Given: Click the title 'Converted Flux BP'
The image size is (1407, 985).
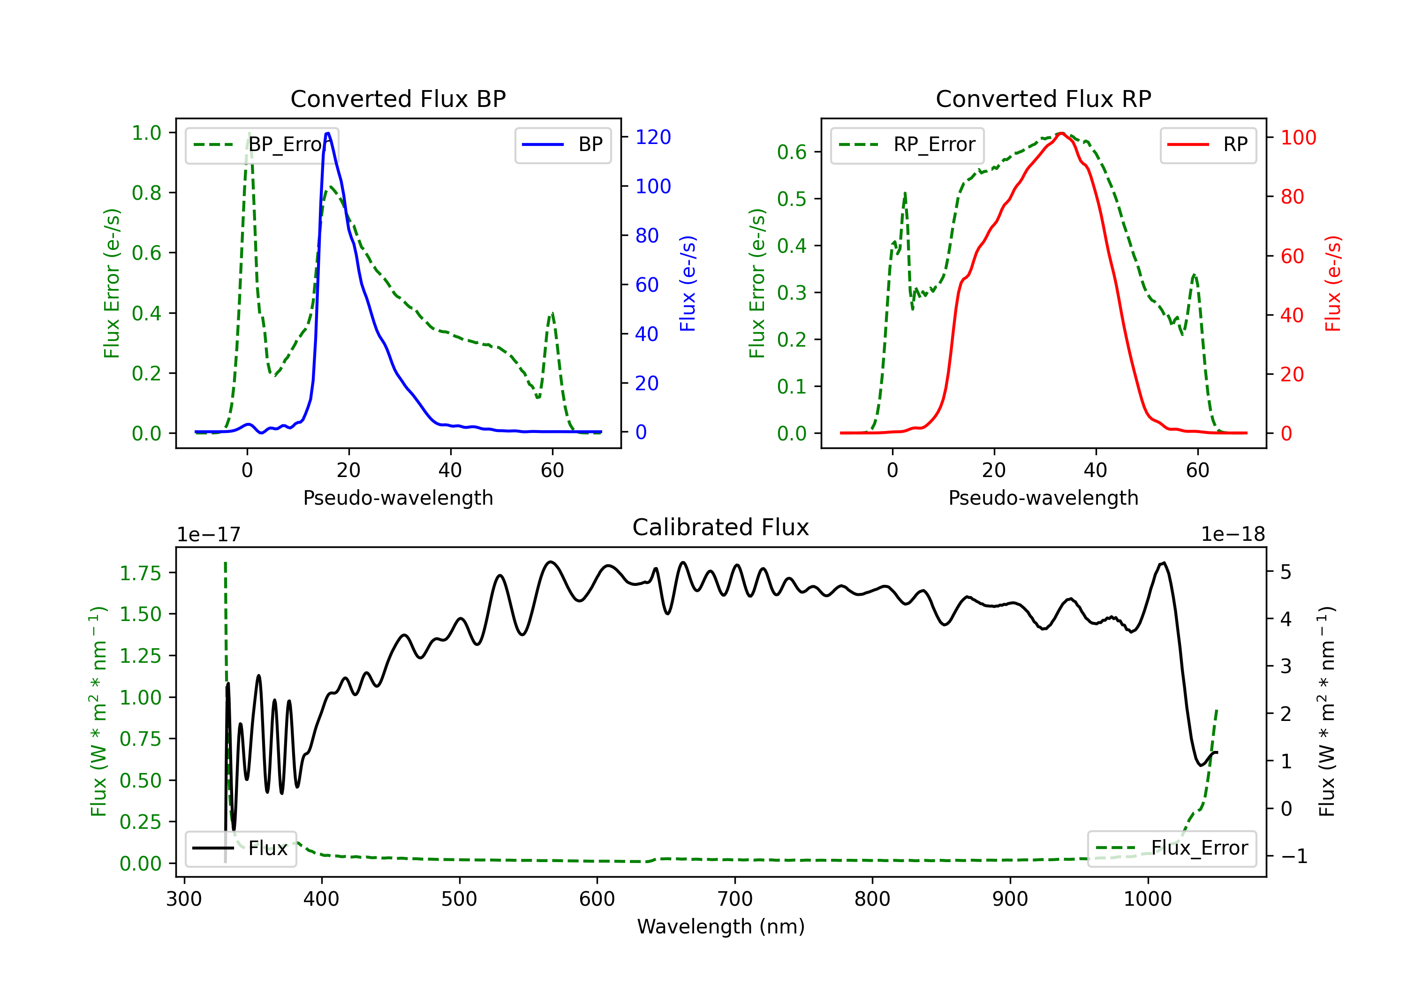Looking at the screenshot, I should tap(398, 98).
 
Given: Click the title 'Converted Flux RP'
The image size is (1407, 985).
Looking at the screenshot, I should tap(1043, 98).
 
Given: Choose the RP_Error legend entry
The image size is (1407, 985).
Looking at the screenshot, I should tap(907, 144).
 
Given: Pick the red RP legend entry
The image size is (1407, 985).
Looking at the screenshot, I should tap(1208, 144).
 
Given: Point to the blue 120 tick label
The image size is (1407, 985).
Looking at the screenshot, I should tap(653, 137).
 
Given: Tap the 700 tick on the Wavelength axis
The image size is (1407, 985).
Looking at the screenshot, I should tap(735, 899).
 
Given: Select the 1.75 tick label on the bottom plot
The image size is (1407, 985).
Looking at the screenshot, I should tap(140, 573).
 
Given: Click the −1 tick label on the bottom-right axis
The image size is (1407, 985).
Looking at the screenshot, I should tap(1294, 856).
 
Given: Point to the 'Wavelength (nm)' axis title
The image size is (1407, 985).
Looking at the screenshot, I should tap(721, 926).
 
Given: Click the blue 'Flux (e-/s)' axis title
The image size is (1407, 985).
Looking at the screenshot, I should tap(688, 283).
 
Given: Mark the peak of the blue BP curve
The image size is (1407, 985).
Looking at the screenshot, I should tap(328, 134).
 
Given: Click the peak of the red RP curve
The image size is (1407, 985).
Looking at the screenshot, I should tap(1061, 134).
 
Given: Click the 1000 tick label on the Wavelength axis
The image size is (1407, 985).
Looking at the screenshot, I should tap(1147, 899).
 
